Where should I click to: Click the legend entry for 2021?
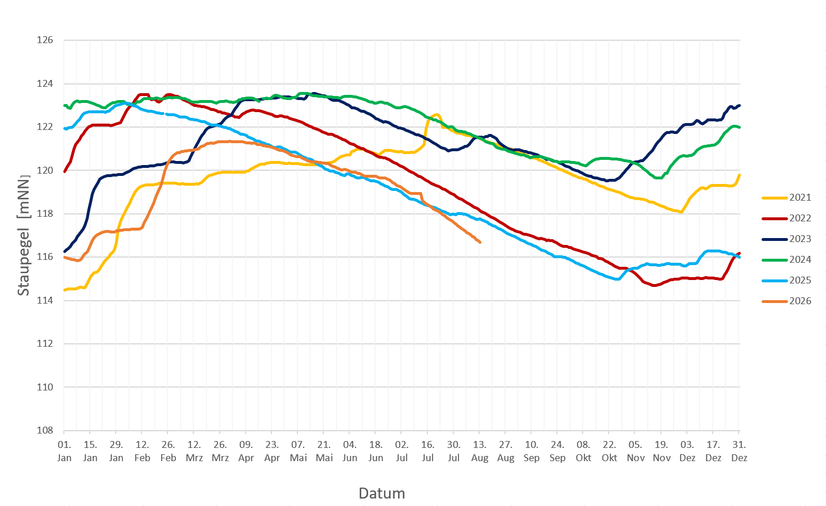(786, 198)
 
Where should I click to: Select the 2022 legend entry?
(786, 218)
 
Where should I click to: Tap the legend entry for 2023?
(786, 239)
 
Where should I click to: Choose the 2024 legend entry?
(786, 260)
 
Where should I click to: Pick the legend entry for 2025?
(786, 281)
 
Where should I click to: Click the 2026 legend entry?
(786, 301)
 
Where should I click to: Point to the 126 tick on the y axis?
(45, 40)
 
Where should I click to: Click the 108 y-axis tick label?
(45, 430)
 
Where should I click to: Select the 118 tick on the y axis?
(45, 213)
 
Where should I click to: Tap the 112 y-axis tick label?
(45, 343)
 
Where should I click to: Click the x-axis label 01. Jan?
(64, 451)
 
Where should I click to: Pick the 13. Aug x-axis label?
(479, 451)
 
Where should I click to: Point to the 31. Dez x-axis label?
(739, 451)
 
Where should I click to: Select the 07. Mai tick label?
(298, 451)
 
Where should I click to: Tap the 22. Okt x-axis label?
(609, 451)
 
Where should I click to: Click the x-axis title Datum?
(382, 493)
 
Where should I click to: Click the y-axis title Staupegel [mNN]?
(23, 235)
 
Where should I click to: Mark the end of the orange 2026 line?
(480, 242)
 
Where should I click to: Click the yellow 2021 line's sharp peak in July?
(437, 115)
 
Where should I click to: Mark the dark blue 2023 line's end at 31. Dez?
(739, 105)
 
